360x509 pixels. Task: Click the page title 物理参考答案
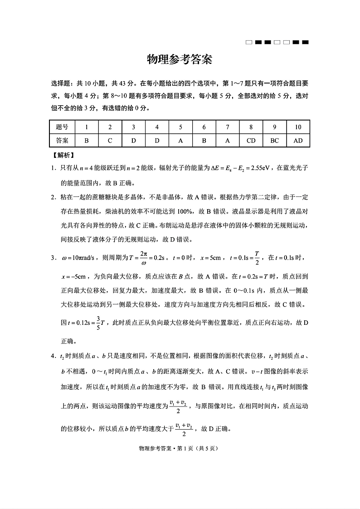click(180, 60)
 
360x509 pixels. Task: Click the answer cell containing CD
click(251, 141)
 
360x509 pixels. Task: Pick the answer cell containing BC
click(274, 141)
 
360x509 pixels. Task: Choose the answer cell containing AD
click(298, 141)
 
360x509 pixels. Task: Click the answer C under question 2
click(110, 141)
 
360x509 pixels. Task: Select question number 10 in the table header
click(298, 127)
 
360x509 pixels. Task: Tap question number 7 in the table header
click(227, 127)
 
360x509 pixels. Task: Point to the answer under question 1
click(86, 141)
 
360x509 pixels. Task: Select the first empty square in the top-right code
click(248, 43)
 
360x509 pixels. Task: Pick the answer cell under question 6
click(204, 141)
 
